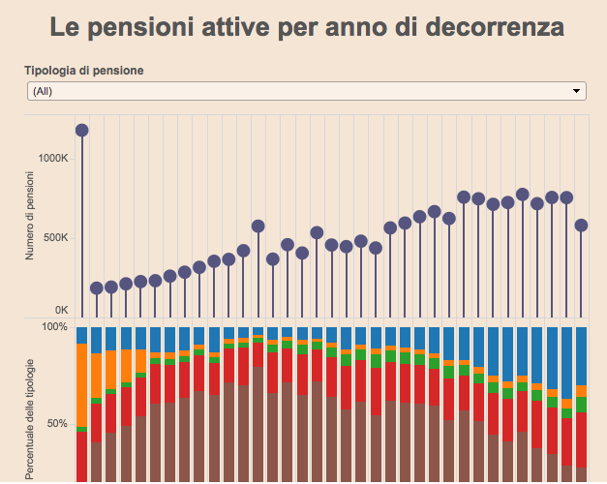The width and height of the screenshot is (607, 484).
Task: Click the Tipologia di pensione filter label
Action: pyautogui.click(x=84, y=71)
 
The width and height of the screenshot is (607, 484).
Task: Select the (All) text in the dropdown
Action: pyautogui.click(x=43, y=91)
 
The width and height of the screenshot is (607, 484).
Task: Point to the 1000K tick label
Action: pyautogui.click(x=52, y=158)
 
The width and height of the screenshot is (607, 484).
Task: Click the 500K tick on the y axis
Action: pyautogui.click(x=55, y=237)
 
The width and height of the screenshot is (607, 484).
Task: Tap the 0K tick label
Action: pyautogui.click(x=61, y=310)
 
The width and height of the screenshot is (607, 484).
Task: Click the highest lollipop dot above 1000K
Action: pyautogui.click(x=82, y=130)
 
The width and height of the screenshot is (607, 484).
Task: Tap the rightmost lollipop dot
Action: pyautogui.click(x=582, y=225)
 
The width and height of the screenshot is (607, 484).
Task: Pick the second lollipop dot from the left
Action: pyautogui.click(x=97, y=287)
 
